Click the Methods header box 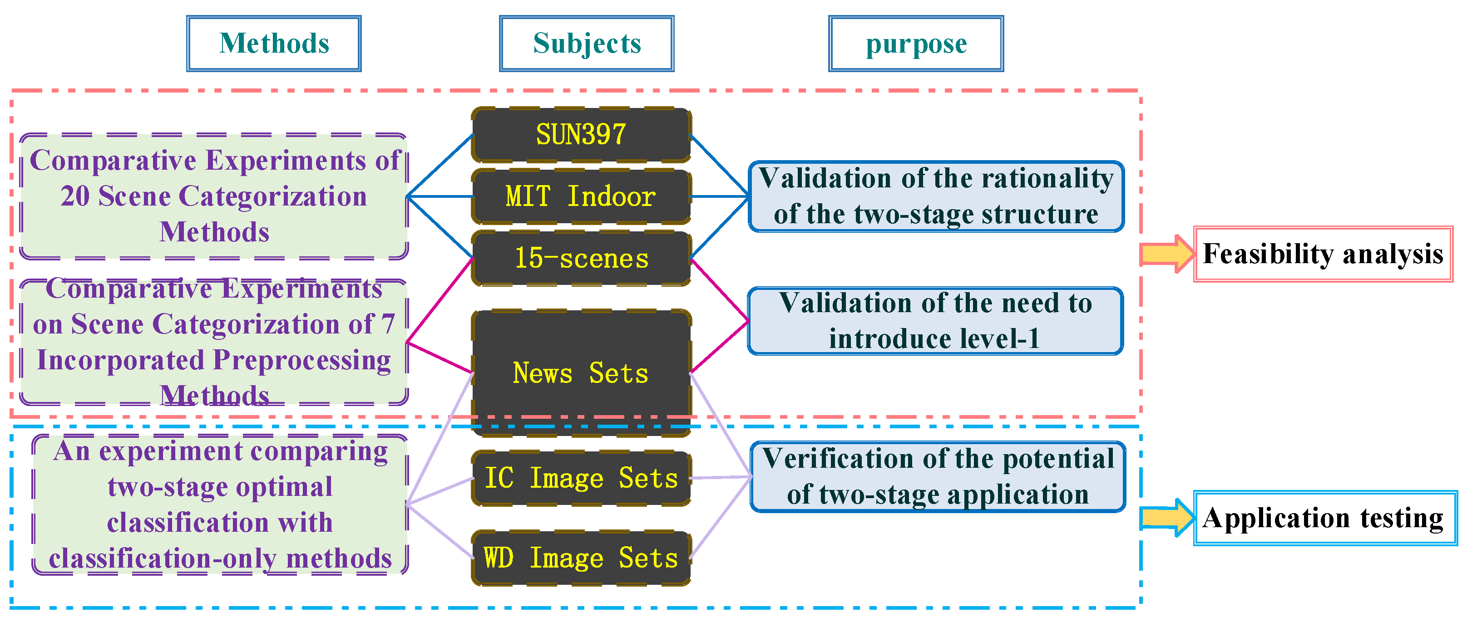coord(273,44)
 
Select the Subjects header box coord(587,44)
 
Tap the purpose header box coord(916,44)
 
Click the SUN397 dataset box coord(581,135)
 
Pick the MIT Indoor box coord(581,196)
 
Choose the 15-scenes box coord(581,258)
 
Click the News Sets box coord(581,373)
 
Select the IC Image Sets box coord(581,478)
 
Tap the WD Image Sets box coord(581,558)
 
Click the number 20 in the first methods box coord(75,196)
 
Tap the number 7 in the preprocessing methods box coord(388,324)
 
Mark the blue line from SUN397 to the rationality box coord(719,165)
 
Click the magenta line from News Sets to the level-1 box coord(719,347)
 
